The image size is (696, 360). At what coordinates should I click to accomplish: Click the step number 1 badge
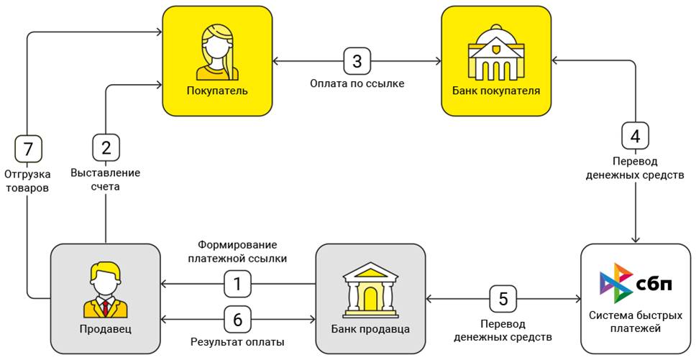[x=237, y=284]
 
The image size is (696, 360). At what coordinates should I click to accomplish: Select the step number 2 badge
[x=106, y=148]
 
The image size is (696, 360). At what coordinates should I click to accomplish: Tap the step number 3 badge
[x=357, y=61]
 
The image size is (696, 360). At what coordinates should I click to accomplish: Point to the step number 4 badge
[x=635, y=136]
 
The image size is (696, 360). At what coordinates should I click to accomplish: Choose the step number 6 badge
[x=237, y=319]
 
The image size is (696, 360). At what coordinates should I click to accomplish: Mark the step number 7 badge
[x=28, y=149]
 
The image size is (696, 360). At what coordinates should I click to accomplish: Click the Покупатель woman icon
[x=216, y=52]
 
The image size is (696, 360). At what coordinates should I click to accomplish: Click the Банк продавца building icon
[x=370, y=289]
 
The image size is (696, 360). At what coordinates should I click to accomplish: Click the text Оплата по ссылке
[x=357, y=84]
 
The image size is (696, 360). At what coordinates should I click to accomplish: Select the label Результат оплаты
[x=237, y=342]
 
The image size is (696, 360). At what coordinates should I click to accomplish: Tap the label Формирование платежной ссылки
[x=237, y=251]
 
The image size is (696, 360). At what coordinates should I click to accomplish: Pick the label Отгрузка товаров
[x=27, y=181]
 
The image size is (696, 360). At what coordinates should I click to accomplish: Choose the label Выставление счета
[x=106, y=180]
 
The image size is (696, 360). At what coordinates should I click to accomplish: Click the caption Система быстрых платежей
[x=636, y=322]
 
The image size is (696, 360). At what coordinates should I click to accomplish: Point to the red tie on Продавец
[x=106, y=308]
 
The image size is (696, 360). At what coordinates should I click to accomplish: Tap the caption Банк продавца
[x=370, y=329]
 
